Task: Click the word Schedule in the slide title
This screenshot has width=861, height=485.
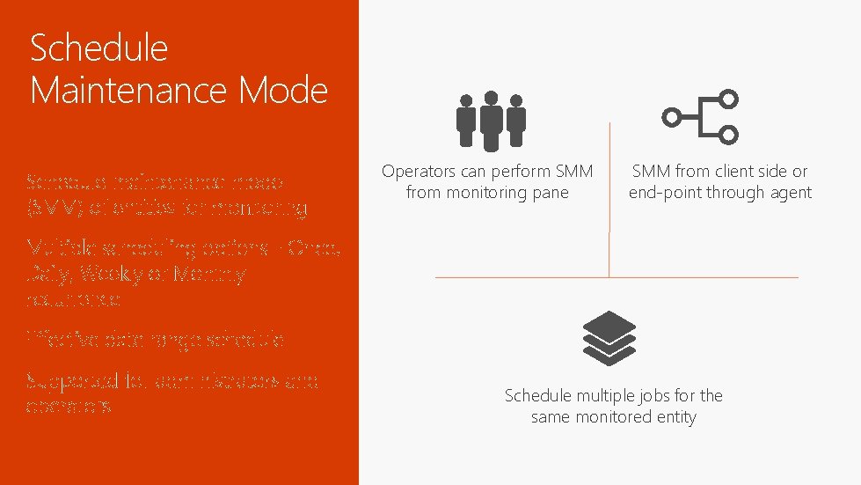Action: tap(99, 49)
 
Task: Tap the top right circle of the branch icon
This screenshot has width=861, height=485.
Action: tap(728, 99)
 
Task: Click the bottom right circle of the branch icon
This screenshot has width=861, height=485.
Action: tap(728, 134)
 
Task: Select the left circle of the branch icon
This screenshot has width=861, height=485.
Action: tap(671, 116)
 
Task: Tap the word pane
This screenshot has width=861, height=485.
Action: tap(551, 193)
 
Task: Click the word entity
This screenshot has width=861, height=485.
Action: tap(674, 417)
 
